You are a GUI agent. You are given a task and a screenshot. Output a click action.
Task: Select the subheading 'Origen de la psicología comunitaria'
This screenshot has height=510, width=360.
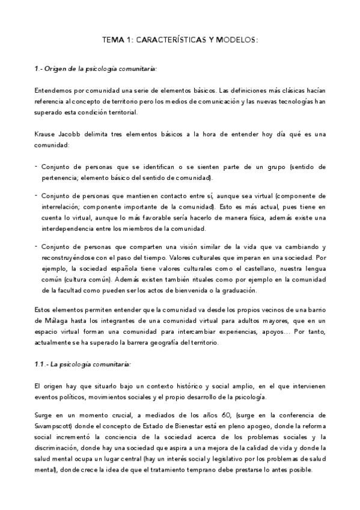(x=103, y=69)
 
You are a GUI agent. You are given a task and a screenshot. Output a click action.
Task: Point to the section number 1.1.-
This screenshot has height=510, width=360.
(x=41, y=364)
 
